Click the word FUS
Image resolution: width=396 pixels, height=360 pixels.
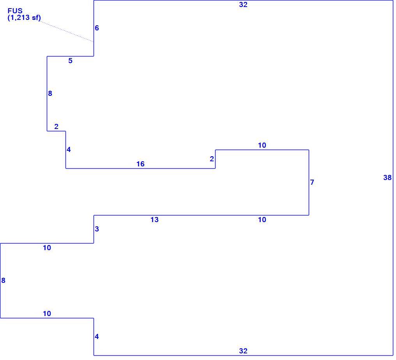15,11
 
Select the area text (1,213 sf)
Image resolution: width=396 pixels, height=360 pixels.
24,18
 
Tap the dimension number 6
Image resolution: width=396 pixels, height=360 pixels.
97,28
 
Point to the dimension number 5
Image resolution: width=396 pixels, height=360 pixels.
71,61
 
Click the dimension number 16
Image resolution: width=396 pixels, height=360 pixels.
140,164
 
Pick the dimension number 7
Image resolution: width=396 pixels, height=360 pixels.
312,182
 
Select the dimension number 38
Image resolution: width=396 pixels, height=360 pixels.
387,178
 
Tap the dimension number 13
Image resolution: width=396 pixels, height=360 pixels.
155,220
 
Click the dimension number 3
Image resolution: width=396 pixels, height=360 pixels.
97,229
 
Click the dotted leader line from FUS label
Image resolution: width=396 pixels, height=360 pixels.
67,31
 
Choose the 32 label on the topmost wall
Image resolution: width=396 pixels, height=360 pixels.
243,5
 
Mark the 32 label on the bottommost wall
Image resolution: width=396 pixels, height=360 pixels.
243,351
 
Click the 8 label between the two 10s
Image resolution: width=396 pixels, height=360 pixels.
3,281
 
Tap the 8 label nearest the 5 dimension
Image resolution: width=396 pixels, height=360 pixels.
50,94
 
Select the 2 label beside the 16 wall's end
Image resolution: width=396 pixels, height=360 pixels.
212,159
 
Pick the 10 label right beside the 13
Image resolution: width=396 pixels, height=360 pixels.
262,220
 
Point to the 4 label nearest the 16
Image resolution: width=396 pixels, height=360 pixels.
69,150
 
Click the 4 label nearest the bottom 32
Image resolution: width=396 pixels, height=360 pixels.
97,337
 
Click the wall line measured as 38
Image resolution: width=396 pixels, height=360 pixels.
393,178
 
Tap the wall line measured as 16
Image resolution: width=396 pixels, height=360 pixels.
140,168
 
